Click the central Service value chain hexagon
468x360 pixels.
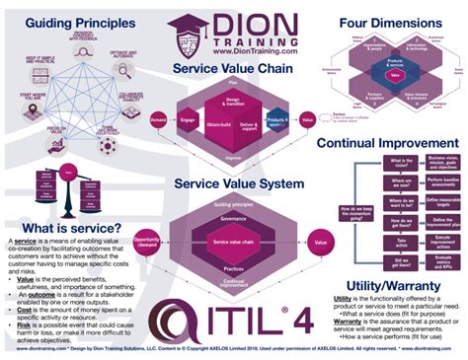[234, 216]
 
